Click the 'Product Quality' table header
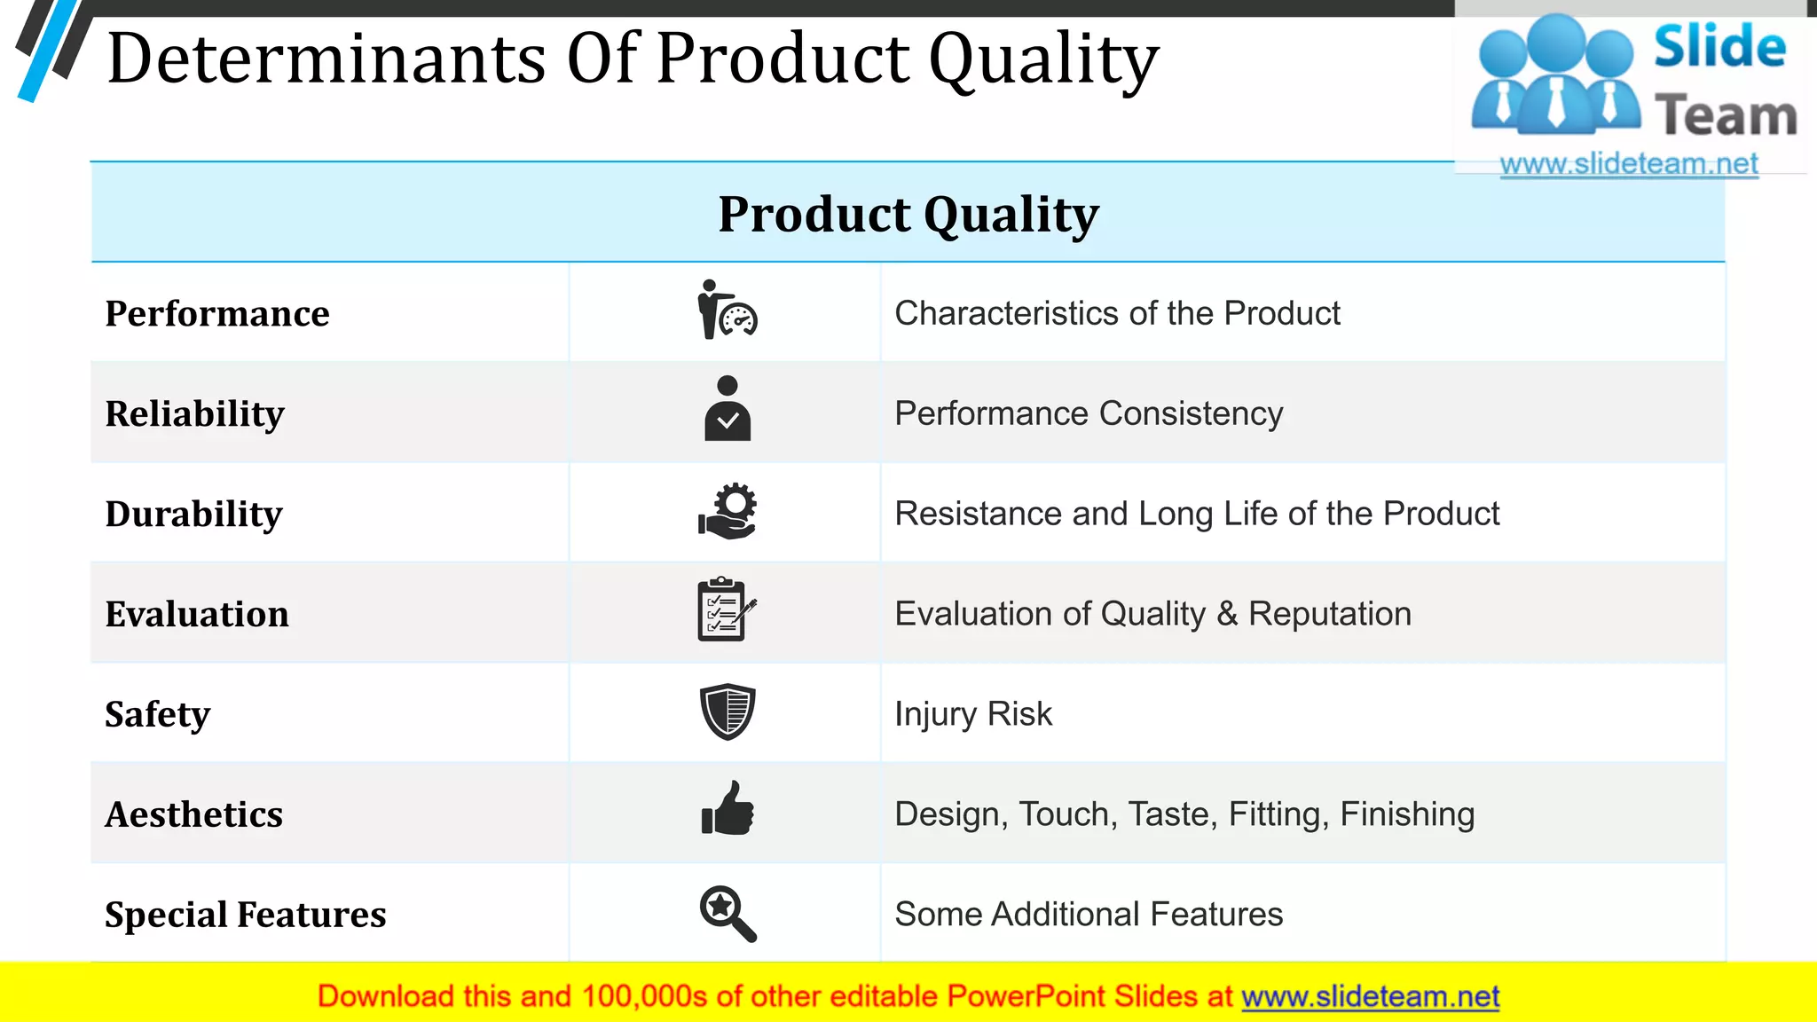tap(908, 215)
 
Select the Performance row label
tap(217, 314)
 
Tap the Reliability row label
tap(195, 414)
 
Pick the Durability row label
tap(194, 515)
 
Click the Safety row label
tap(158, 714)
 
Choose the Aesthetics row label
tap(194, 814)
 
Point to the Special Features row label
tap(246, 915)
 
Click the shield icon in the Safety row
tap(728, 711)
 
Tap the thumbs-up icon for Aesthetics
tap(728, 809)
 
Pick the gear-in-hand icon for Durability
tap(728, 512)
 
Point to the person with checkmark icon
tap(728, 409)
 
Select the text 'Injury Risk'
tap(973, 714)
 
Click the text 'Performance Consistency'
tap(1089, 414)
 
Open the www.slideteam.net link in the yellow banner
tap(1370, 997)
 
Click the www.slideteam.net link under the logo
tap(1629, 164)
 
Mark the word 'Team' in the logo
tap(1726, 116)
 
